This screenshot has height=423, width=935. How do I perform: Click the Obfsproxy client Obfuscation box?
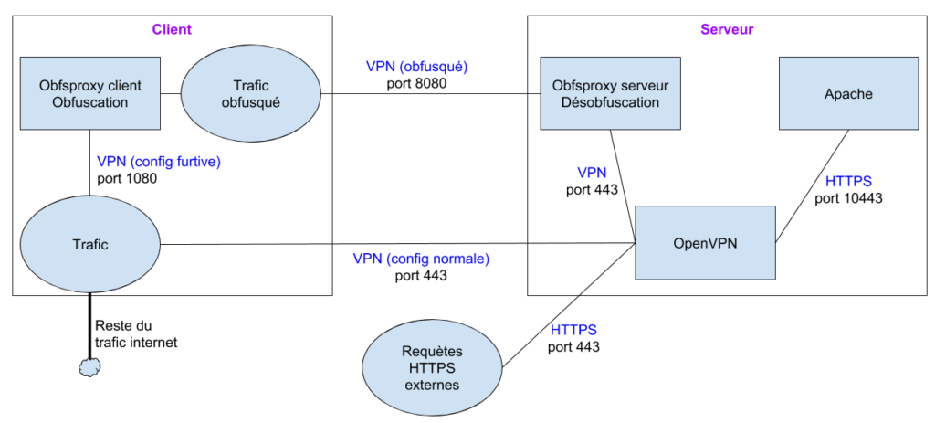89,94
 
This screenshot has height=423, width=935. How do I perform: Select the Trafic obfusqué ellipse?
250,94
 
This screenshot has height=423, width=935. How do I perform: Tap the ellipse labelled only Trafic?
89,244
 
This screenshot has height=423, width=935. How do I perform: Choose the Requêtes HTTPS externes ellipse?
432,368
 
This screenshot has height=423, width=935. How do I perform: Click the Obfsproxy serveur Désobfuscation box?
610,94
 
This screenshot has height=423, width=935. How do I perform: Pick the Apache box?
848,94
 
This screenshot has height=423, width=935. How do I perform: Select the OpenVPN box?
705,243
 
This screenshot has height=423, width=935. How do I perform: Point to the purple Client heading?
172,29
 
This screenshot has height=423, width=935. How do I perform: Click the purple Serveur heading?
727,29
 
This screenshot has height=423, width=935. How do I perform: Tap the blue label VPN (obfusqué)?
416,67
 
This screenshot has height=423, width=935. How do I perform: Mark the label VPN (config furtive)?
159,162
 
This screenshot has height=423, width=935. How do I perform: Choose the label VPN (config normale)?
421,259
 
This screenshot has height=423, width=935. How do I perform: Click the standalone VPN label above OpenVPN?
592,173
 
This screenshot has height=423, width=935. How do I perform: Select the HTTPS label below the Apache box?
848,182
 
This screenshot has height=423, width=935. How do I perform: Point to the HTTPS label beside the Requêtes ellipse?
574,330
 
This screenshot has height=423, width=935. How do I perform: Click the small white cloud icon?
89,367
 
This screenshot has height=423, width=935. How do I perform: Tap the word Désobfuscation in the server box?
610,102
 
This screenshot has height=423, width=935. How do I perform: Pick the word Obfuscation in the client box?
89,102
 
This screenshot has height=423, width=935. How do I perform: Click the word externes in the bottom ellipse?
432,385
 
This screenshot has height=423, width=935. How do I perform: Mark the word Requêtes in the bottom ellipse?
432,352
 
